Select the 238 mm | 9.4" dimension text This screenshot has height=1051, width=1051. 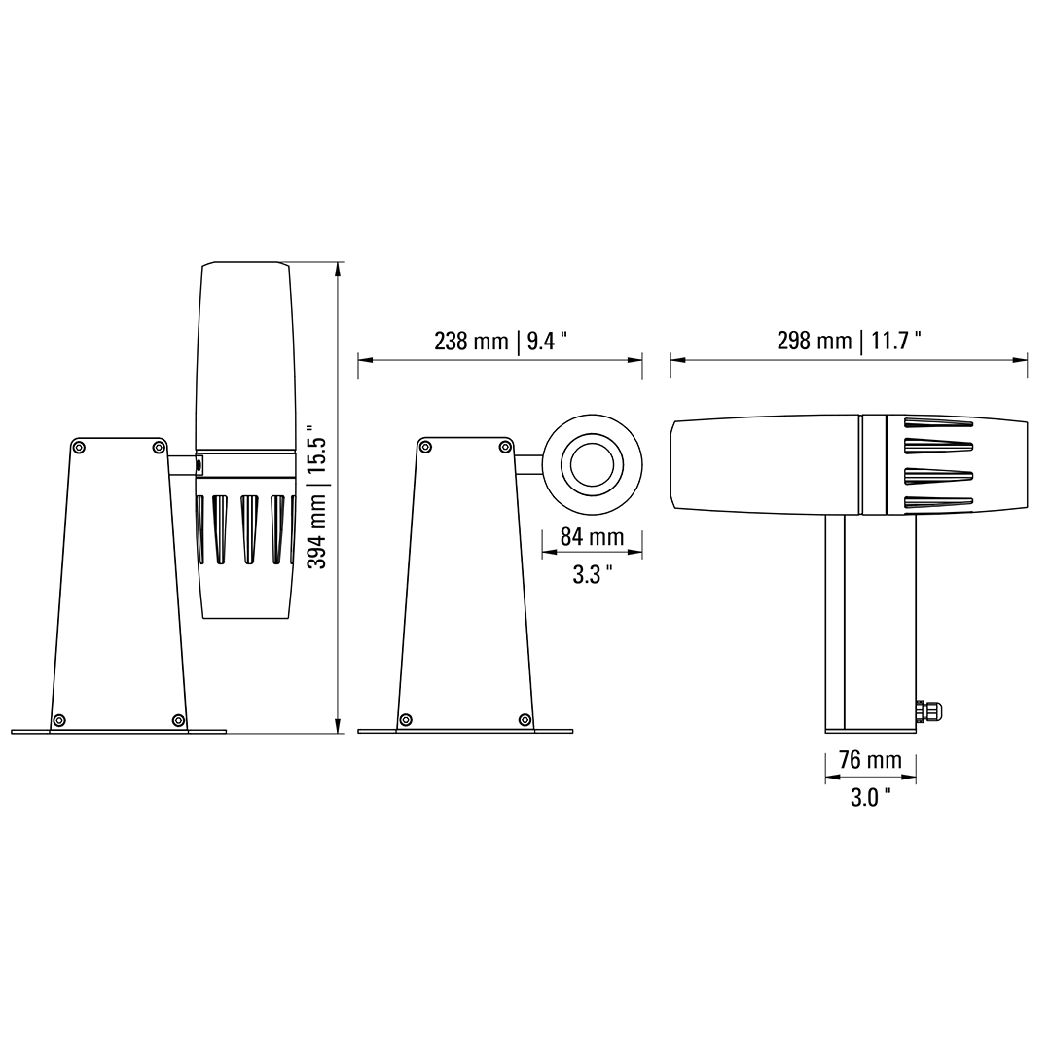(x=500, y=341)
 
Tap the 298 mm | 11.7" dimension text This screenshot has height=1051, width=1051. (x=849, y=341)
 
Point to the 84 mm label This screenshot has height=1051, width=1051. (x=592, y=536)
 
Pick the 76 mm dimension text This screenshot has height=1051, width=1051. (x=870, y=760)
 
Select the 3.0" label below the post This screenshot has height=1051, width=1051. (x=870, y=798)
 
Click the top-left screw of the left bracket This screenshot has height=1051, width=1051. (x=79, y=447)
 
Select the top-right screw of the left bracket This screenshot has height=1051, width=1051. (x=159, y=447)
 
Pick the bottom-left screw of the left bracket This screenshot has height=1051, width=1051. (x=59, y=720)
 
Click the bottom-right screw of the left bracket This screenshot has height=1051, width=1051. (x=178, y=720)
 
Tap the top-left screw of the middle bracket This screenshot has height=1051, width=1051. (x=425, y=447)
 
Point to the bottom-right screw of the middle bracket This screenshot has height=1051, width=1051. (x=525, y=720)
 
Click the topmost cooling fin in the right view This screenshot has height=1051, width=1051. (x=936, y=422)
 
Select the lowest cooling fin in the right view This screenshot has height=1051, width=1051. (x=936, y=502)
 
